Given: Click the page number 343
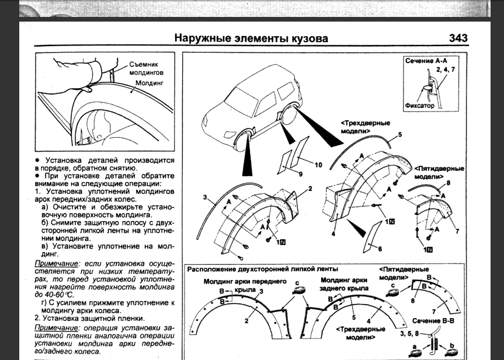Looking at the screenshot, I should (458, 39).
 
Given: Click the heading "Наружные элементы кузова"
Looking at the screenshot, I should (251, 39).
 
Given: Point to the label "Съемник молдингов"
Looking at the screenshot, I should (143, 68).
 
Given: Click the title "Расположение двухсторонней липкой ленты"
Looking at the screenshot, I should (262, 269).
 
